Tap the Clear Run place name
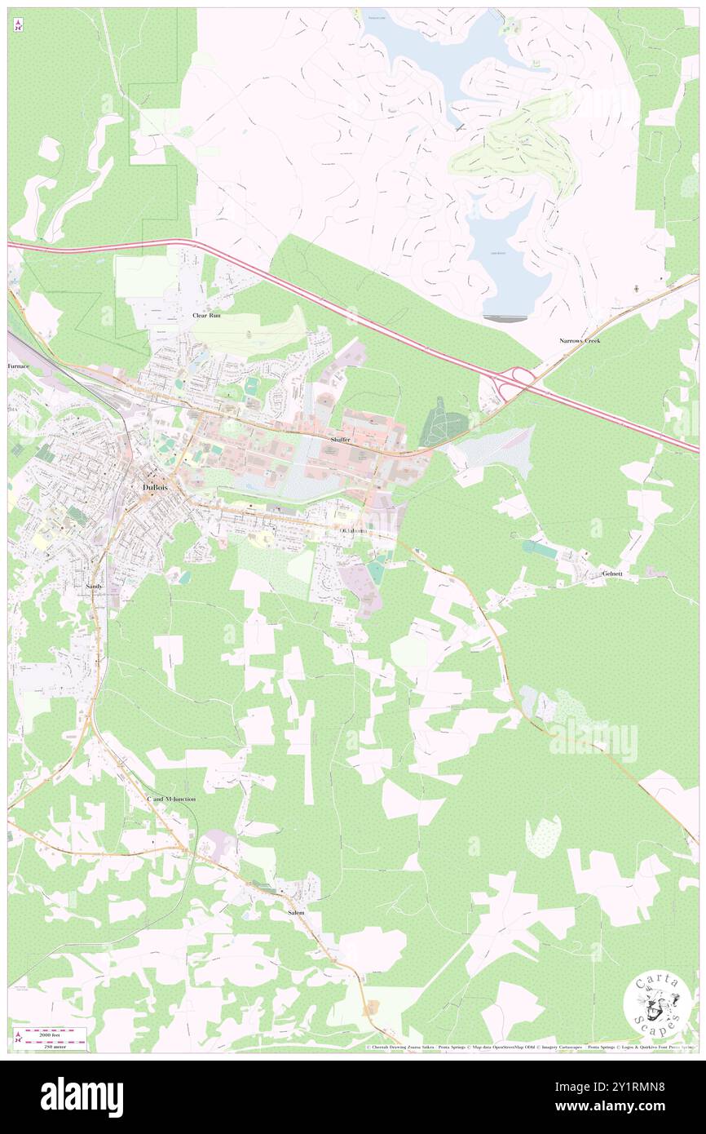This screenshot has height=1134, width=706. [x=206, y=315]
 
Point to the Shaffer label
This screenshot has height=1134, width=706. [x=341, y=440]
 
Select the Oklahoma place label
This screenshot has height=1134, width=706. [x=353, y=531]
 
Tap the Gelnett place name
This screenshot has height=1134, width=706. [x=612, y=574]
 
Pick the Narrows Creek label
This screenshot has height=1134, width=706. [x=580, y=340]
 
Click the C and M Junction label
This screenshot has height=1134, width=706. [x=170, y=799]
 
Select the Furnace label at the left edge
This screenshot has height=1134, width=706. [x=19, y=366]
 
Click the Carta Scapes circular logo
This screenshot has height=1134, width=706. [x=657, y=1008]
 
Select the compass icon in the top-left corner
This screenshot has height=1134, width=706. [x=17, y=25]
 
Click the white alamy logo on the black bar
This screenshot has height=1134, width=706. [x=82, y=1096]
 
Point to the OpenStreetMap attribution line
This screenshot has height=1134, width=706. [x=530, y=1047]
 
